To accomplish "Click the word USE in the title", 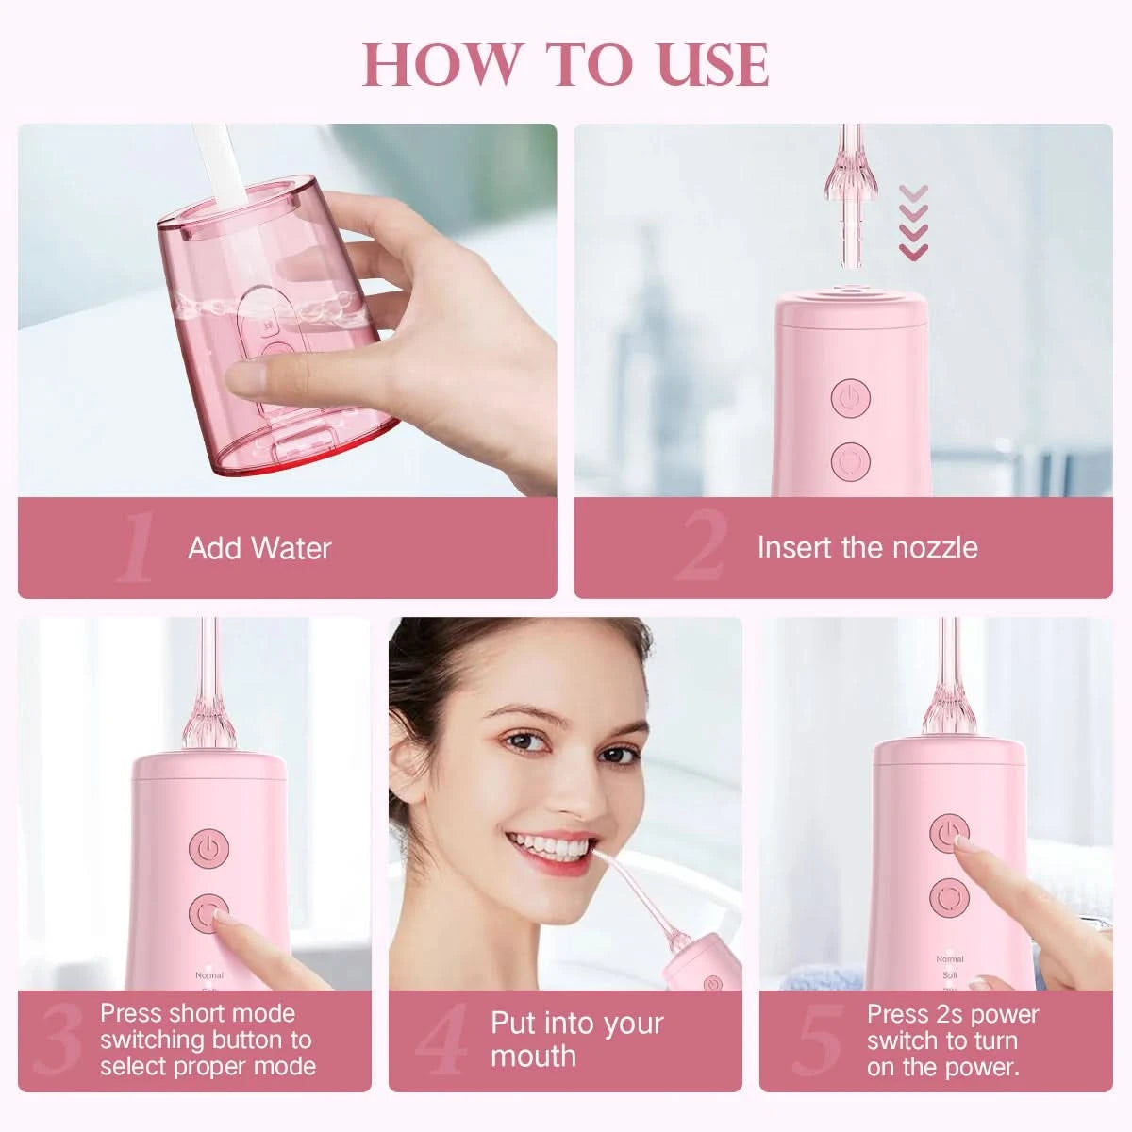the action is (x=713, y=65).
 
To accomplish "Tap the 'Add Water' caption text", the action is (x=259, y=549).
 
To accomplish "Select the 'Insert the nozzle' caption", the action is (x=867, y=547).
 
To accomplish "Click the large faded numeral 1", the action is (x=136, y=546).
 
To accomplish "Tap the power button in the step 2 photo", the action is (x=850, y=398).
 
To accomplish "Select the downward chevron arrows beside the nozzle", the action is (x=913, y=223).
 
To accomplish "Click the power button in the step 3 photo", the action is (x=208, y=848).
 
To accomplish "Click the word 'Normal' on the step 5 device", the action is (x=950, y=958).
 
